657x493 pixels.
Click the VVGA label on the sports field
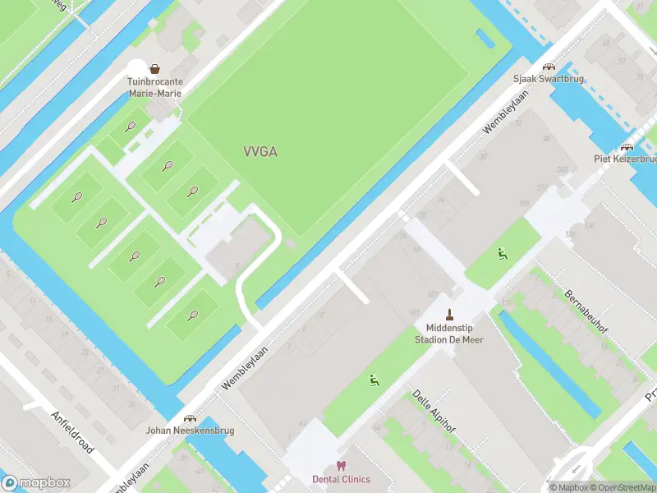point(260,151)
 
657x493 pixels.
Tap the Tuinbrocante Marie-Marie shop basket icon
point(154,69)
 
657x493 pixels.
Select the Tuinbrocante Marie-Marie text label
point(154,88)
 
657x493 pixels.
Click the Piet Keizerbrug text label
point(626,159)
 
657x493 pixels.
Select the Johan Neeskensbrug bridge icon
point(191,417)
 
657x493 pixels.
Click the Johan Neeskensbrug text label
point(191,431)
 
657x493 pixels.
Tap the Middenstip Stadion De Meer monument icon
point(449,314)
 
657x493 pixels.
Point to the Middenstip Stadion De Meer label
point(449,334)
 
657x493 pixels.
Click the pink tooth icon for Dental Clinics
point(341,466)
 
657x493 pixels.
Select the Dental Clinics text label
point(341,479)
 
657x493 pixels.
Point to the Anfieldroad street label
point(72,432)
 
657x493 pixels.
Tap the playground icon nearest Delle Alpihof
point(374,380)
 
